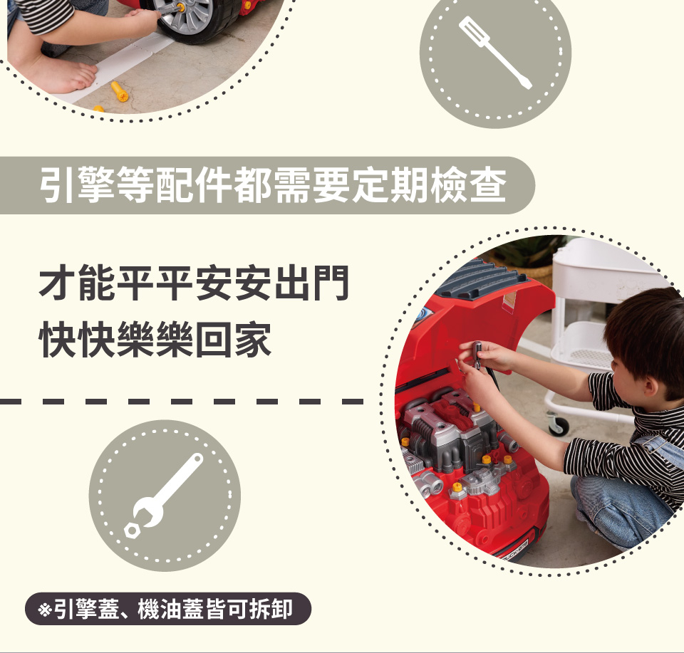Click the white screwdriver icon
tap(495, 52)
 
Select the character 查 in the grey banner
tap(487, 185)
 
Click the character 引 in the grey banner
tap(57, 185)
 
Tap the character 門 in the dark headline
tap(331, 283)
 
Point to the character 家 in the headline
tap(254, 340)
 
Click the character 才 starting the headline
tap(57, 283)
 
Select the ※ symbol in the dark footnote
tap(44, 609)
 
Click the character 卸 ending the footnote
tap(281, 609)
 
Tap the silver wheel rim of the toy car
tap(187, 16)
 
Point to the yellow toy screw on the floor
tap(119, 91)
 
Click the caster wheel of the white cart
tap(559, 424)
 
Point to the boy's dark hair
tap(646, 329)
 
